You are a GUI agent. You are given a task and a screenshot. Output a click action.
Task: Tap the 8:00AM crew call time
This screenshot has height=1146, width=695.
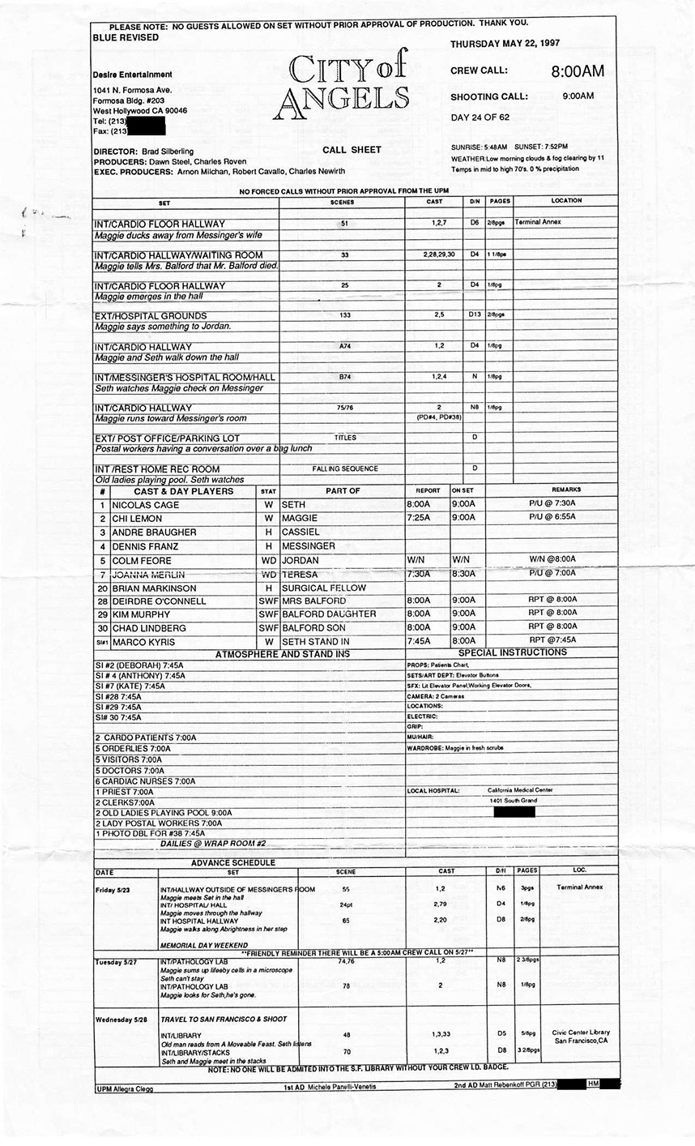point(578,71)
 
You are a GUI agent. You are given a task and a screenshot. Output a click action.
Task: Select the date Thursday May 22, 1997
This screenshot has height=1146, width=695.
point(505,43)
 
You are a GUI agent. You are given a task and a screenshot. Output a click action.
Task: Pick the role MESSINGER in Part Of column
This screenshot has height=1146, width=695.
point(308,546)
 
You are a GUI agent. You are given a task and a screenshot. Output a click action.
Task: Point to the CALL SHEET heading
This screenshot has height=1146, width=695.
point(352,150)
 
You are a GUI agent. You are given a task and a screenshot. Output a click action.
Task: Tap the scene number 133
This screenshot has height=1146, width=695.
point(345,315)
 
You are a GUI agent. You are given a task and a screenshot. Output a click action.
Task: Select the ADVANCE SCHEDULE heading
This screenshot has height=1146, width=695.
point(232,862)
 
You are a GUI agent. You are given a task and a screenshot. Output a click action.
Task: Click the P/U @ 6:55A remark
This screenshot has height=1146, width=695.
point(551,519)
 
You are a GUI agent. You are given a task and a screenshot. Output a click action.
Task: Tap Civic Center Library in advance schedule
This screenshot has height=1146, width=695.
point(580,1033)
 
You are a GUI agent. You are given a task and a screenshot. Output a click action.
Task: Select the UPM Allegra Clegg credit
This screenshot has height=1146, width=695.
point(124,1088)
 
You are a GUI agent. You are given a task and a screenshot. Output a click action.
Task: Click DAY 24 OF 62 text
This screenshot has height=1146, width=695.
point(480,118)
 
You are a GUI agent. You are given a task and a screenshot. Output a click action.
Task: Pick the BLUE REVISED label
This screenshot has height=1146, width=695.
point(126,37)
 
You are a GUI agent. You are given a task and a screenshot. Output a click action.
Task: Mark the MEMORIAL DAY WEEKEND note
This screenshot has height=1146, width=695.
point(204,945)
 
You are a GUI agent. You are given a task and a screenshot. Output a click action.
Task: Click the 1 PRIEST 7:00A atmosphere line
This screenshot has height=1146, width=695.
point(124,792)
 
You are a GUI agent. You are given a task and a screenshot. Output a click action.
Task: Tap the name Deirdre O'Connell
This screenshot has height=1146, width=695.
point(148,601)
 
